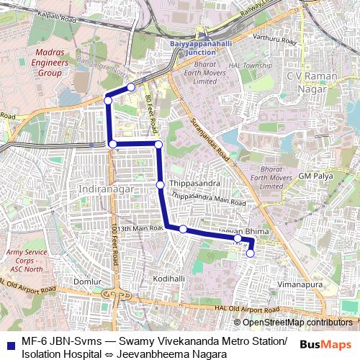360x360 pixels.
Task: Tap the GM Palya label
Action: (x=315, y=176)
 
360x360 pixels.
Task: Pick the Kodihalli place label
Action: (x=169, y=278)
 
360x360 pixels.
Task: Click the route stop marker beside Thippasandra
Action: (x=160, y=185)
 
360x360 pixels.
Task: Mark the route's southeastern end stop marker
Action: (x=251, y=253)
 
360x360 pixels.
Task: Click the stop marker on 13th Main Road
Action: (x=184, y=229)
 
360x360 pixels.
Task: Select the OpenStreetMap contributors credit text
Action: (x=297, y=322)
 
